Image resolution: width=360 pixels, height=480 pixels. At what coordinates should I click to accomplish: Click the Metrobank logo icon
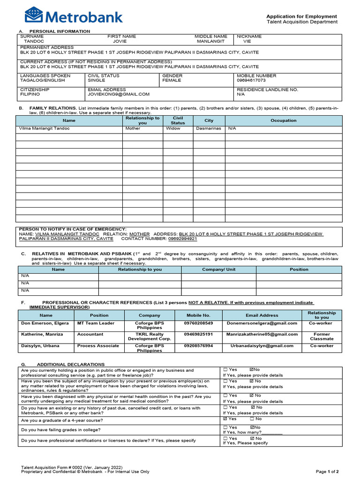[x=33, y=15]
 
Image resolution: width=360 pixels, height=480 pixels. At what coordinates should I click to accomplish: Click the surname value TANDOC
[x=34, y=41]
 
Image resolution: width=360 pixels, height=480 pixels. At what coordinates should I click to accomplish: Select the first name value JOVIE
[x=117, y=41]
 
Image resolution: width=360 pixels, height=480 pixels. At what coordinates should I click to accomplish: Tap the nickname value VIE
[x=247, y=41]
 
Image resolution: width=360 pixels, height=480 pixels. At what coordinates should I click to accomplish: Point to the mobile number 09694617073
[x=251, y=80]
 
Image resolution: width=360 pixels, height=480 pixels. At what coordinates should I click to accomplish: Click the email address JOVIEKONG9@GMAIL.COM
[x=119, y=94]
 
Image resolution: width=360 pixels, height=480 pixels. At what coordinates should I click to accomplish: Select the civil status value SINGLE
[x=97, y=80]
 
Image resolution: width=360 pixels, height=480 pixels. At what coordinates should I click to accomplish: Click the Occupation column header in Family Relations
[x=284, y=120]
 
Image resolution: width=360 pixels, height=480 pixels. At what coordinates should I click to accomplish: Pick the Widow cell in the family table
[x=172, y=128]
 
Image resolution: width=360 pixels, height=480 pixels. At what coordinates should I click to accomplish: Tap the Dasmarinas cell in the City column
[x=209, y=128]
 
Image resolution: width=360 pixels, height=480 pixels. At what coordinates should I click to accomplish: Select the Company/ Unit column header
[x=218, y=270]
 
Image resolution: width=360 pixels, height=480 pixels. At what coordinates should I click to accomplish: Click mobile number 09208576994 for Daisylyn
[x=198, y=345]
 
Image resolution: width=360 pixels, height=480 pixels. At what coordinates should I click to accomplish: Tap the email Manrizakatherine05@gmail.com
[x=262, y=334]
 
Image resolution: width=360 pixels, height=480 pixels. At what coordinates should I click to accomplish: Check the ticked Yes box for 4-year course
[x=225, y=419]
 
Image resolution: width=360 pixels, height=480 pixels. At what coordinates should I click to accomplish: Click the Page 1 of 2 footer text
[x=327, y=471]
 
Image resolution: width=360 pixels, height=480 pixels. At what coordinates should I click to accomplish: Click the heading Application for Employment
[x=301, y=16]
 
